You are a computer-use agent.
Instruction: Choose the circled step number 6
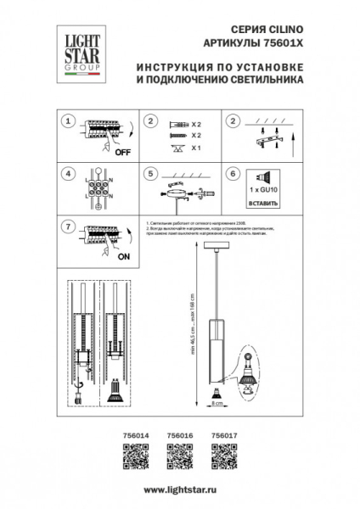click(232, 174)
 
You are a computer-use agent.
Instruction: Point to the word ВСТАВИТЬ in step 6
click(263, 204)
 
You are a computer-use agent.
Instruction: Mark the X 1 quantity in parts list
click(196, 148)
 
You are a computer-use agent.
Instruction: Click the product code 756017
click(223, 435)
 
